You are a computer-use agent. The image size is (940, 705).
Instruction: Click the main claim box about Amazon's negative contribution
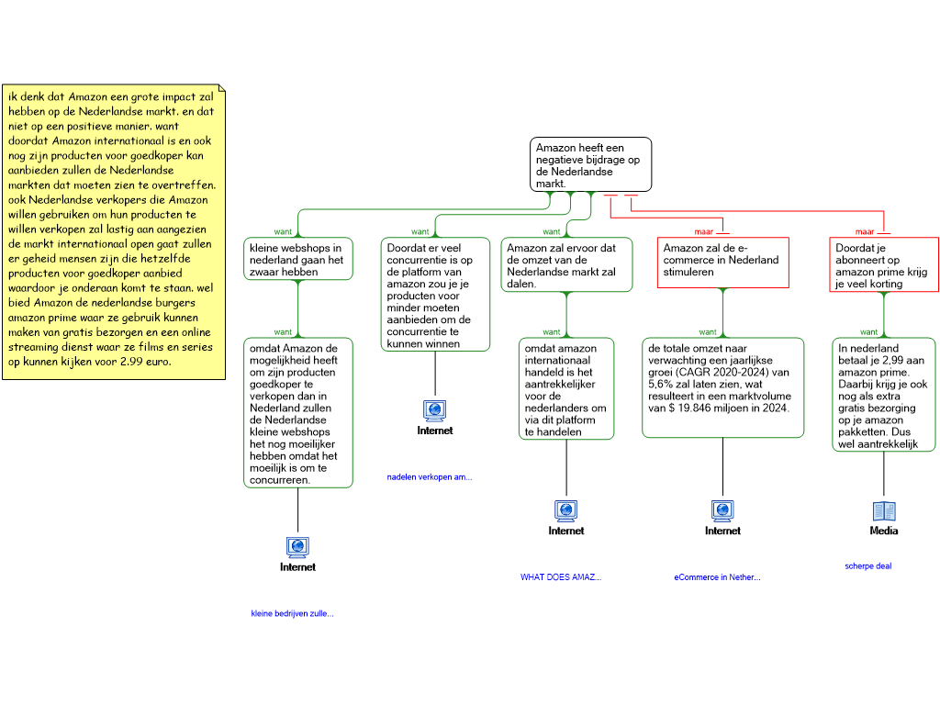click(590, 164)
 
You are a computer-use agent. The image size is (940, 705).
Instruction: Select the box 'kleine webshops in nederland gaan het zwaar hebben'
click(298, 259)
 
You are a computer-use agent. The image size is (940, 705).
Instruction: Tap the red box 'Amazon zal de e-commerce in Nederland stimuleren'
click(723, 263)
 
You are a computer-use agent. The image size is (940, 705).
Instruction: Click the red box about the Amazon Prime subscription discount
click(884, 264)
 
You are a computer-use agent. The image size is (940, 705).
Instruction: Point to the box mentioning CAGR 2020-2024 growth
click(723, 388)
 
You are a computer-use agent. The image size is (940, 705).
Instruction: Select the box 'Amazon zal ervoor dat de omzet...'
click(566, 264)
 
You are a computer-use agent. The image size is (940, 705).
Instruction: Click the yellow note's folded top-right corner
click(222, 88)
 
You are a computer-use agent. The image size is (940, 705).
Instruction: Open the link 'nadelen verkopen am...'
click(430, 477)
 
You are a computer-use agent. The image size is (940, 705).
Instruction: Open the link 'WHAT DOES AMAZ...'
click(561, 577)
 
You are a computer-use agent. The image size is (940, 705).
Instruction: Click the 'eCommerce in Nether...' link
click(717, 577)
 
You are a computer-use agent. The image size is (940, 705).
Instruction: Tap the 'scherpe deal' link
click(868, 565)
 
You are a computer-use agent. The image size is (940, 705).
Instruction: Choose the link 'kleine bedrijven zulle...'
click(292, 613)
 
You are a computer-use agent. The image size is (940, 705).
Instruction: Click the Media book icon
click(884, 511)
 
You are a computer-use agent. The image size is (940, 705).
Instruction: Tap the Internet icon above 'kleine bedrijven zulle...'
click(298, 547)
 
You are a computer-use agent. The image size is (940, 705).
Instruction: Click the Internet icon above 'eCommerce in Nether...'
click(723, 510)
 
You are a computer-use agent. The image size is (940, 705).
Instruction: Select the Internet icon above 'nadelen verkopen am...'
click(435, 410)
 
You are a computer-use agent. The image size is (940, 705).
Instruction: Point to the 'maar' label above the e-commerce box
click(704, 232)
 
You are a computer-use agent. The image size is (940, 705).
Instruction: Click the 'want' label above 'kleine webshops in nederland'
click(283, 232)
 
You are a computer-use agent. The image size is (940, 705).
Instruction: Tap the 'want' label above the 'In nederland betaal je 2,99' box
click(868, 332)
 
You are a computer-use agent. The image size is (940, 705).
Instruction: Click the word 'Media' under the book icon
click(884, 531)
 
